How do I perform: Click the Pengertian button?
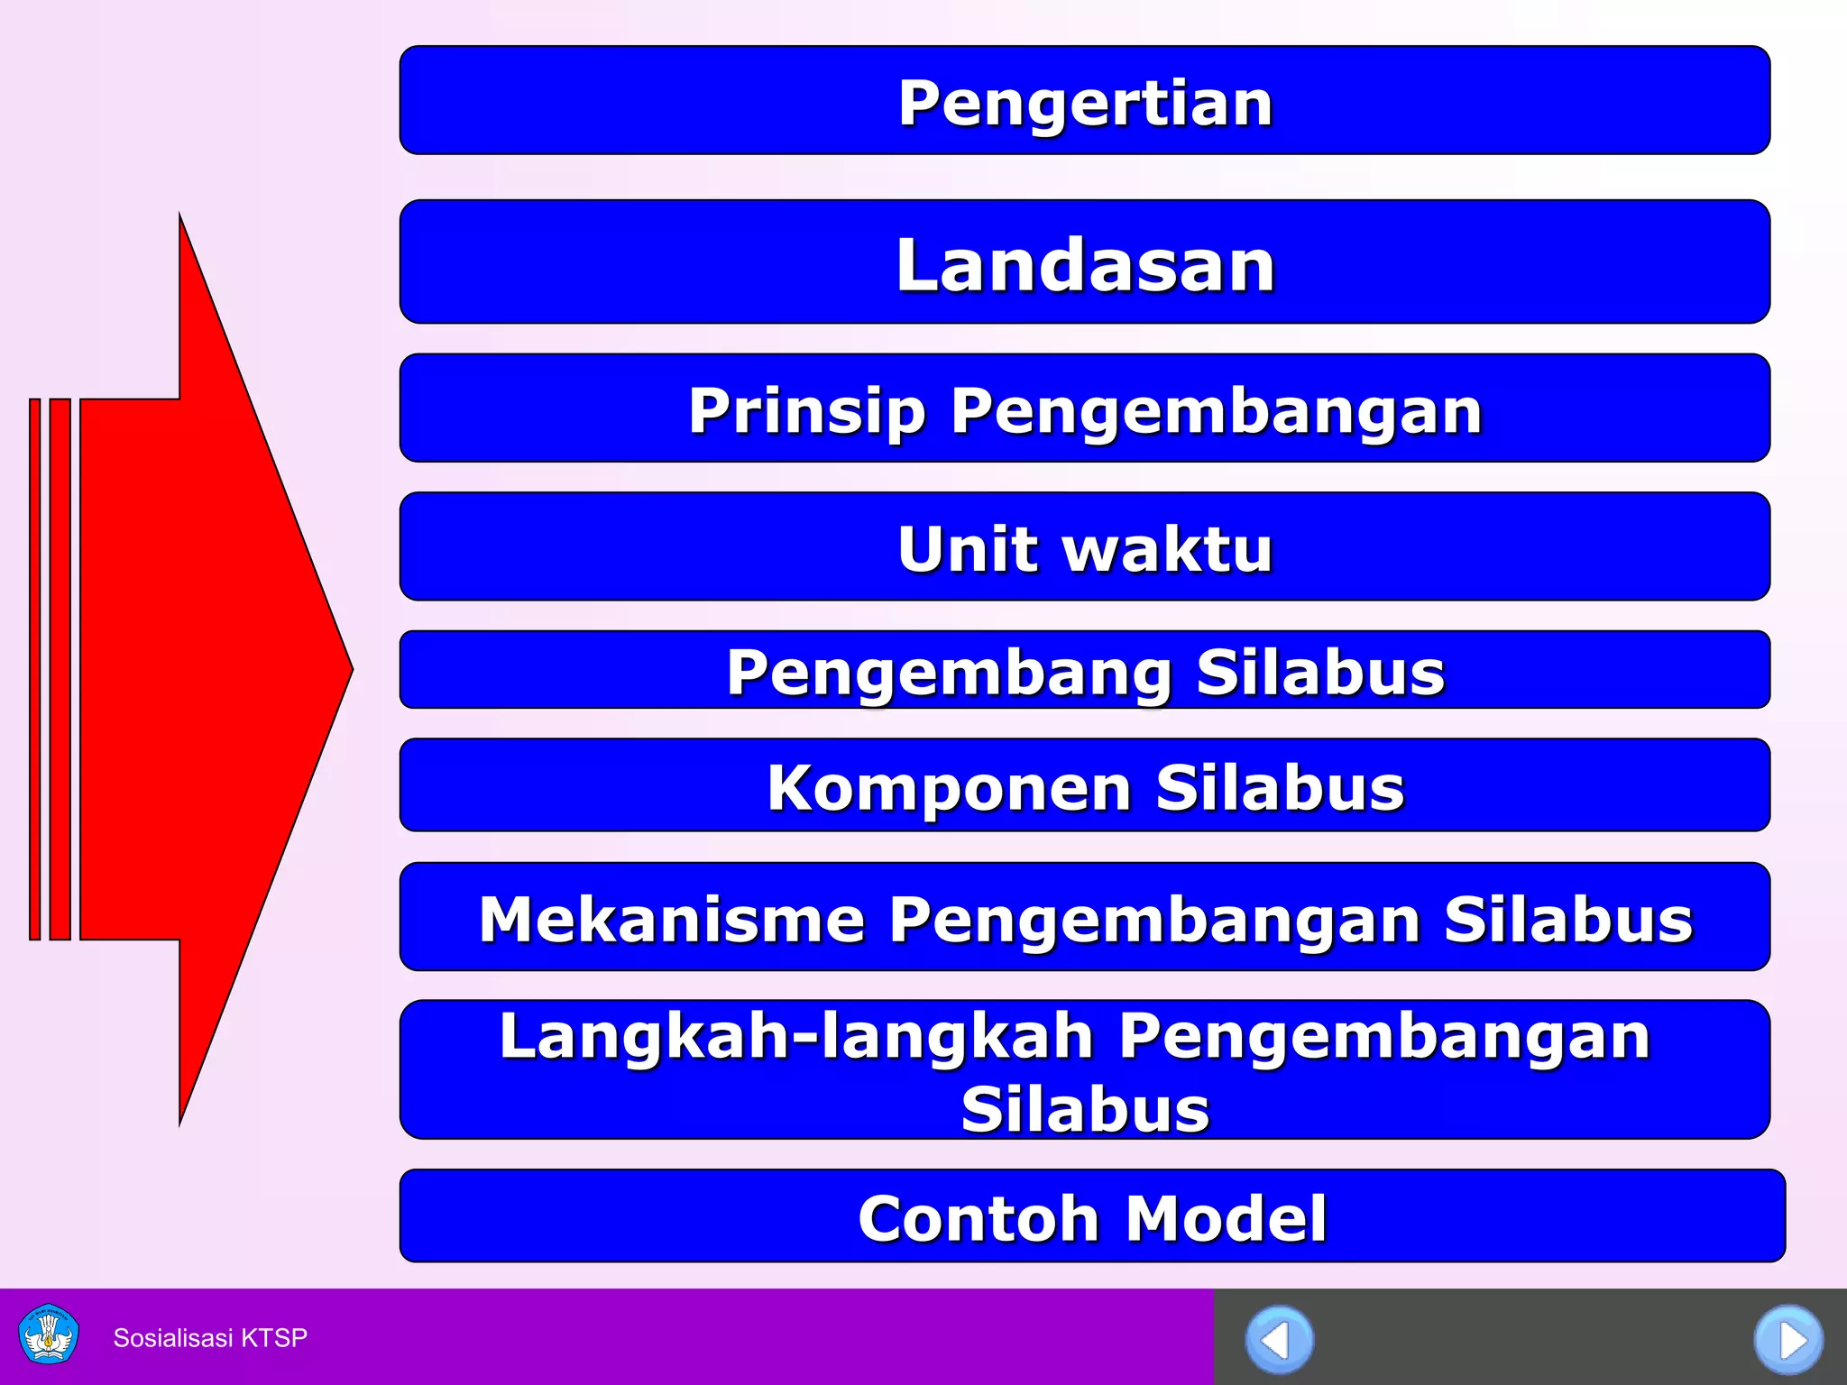point(1084,101)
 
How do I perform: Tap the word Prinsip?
point(807,411)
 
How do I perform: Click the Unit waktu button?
point(1084,547)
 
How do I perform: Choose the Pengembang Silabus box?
point(1084,671)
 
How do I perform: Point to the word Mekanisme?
point(671,919)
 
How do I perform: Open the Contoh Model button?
point(1091,1216)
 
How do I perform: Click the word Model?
point(1227,1218)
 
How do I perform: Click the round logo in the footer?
point(49,1334)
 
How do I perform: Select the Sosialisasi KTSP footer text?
point(210,1337)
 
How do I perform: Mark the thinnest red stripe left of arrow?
point(35,669)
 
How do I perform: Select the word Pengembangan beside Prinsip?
point(1216,411)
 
